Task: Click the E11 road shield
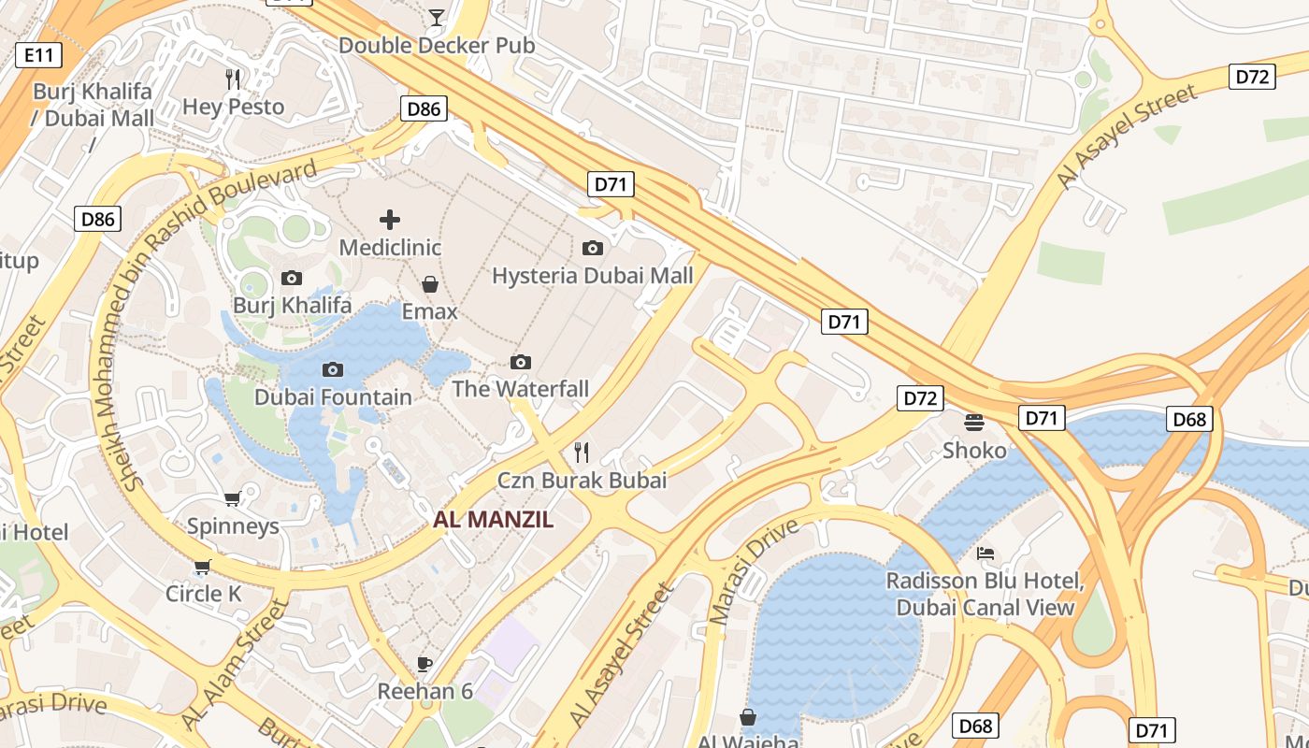pos(38,55)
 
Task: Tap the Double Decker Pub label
pos(437,45)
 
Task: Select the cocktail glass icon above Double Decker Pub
pos(436,17)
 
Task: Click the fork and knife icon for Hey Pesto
pos(233,79)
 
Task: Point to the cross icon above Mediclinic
pos(390,220)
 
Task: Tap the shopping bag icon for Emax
pos(430,283)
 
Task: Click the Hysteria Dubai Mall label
pos(593,276)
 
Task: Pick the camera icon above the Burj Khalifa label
pos(292,278)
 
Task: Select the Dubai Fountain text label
pos(333,397)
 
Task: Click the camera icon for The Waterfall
pos(521,362)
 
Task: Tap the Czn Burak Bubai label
pos(582,481)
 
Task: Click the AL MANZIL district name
pos(493,520)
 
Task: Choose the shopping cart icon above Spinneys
pos(233,498)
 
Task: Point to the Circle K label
pos(203,594)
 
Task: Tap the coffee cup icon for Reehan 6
pos(424,664)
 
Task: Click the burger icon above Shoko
pos(974,422)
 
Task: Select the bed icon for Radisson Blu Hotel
pos(985,554)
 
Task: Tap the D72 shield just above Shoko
pos(920,398)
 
